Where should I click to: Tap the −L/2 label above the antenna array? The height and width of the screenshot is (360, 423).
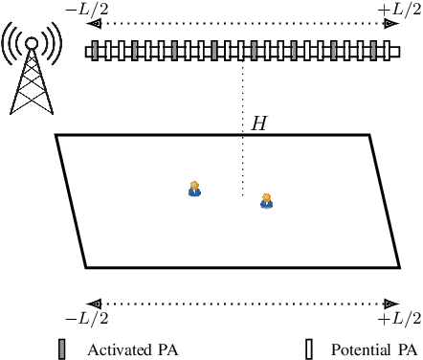(87, 8)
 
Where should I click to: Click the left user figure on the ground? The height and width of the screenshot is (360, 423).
(194, 189)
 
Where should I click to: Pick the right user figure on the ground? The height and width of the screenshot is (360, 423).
(266, 200)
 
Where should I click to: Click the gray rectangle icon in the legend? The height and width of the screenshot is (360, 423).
(63, 349)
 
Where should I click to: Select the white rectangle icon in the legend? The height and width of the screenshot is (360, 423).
(308, 349)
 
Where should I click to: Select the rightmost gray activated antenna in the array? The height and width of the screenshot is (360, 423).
(374, 51)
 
